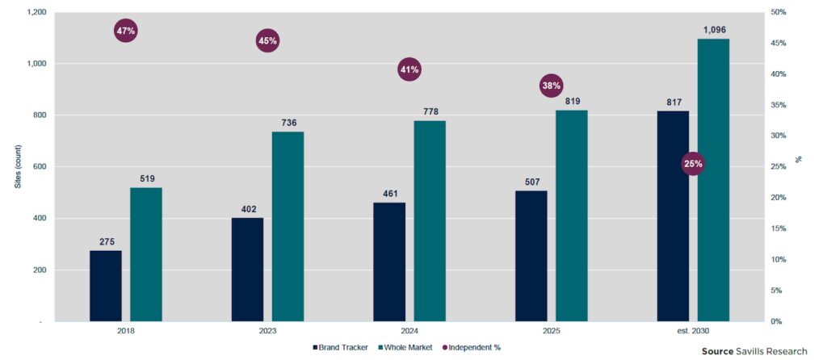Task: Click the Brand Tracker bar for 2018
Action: click(106, 286)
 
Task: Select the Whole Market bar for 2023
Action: click(288, 226)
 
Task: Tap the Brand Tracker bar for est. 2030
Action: click(673, 216)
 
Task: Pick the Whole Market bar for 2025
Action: click(572, 216)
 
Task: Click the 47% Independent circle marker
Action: click(126, 31)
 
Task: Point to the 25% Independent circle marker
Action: click(693, 164)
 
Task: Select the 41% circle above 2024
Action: click(409, 69)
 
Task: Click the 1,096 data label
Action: click(714, 30)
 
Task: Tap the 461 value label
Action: click(389, 194)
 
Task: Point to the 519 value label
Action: click(146, 179)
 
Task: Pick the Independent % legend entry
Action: click(472, 347)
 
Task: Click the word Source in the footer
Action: click(717, 351)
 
